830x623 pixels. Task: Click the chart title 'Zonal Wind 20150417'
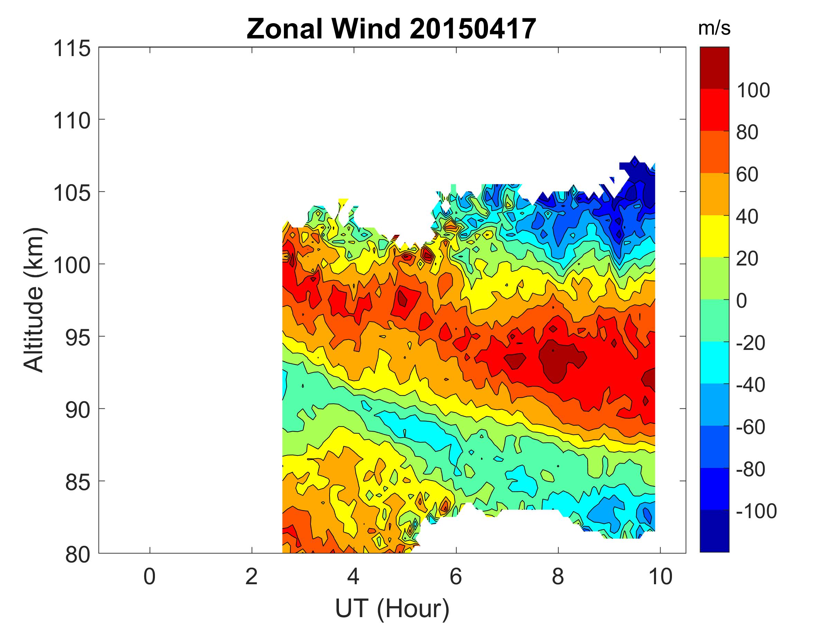(x=391, y=29)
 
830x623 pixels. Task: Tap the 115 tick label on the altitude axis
(x=72, y=49)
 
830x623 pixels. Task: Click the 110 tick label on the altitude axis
(x=72, y=121)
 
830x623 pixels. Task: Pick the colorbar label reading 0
(x=741, y=301)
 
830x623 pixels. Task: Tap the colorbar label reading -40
(x=750, y=385)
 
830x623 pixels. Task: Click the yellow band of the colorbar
(x=714, y=236)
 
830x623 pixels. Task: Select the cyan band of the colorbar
(x=714, y=362)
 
